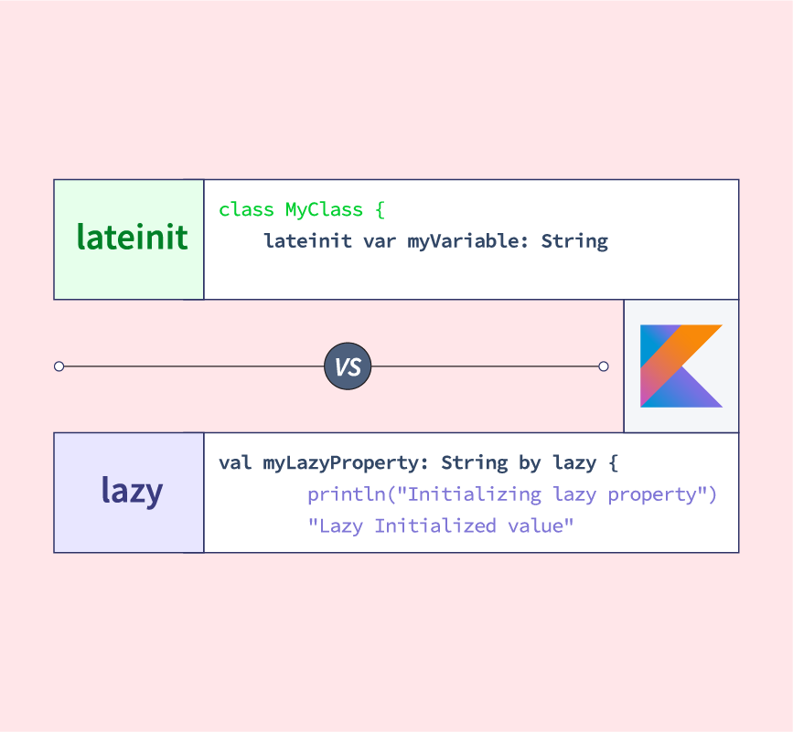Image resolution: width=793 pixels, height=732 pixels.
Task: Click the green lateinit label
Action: [132, 238]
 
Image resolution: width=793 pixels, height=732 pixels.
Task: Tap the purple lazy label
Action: [132, 492]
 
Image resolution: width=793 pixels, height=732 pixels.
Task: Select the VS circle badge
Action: [348, 367]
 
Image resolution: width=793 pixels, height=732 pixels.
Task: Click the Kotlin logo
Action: [681, 366]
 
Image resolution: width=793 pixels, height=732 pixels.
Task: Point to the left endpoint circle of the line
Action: [59, 366]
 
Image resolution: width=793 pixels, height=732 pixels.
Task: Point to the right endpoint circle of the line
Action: [603, 366]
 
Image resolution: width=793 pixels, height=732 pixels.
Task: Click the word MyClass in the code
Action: [324, 210]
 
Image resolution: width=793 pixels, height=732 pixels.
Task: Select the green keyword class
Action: [246, 210]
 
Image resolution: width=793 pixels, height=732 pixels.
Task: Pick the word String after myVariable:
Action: [574, 241]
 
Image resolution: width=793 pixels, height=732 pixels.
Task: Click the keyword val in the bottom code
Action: [235, 462]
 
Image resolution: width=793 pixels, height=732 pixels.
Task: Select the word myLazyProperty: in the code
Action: [347, 462]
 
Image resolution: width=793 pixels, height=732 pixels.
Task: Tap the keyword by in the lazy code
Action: [530, 462]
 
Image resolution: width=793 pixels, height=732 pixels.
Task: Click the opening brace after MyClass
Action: [380, 210]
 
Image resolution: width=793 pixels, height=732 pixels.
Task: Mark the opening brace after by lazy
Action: [613, 462]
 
